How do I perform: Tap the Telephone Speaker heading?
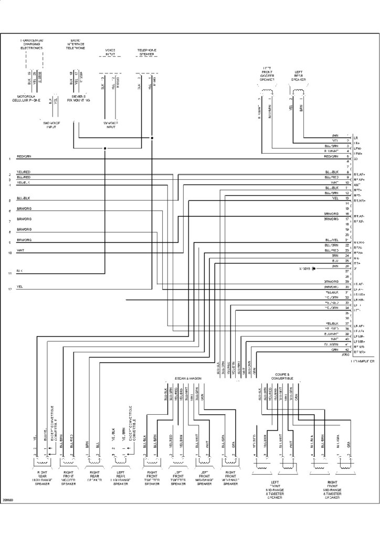[x=147, y=52]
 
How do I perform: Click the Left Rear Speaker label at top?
[x=299, y=76]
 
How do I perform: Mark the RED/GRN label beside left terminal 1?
[x=24, y=156]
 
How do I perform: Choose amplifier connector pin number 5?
[x=348, y=156]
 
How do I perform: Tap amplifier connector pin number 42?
[x=348, y=350]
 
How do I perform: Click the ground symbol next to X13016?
[x=313, y=268]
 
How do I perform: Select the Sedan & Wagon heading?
[x=188, y=378]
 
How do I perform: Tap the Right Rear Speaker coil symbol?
[x=93, y=461]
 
